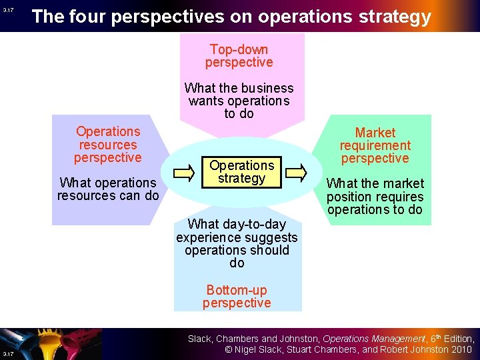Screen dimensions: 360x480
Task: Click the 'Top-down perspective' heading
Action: [239, 56]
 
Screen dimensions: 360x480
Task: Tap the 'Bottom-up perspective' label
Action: [237, 296]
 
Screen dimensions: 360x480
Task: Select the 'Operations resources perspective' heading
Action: [108, 145]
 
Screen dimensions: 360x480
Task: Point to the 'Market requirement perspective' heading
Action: [375, 145]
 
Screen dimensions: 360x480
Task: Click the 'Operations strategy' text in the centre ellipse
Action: [241, 171]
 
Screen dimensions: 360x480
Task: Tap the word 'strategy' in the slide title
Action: [393, 17]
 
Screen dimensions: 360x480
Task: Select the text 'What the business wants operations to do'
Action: [239, 101]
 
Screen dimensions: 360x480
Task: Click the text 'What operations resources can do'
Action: [108, 189]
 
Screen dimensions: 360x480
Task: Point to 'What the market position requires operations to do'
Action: [375, 197]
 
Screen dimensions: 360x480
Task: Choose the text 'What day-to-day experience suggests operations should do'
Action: [237, 243]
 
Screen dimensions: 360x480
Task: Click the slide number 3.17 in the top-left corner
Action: [7, 10]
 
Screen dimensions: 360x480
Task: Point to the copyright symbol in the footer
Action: [229, 349]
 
